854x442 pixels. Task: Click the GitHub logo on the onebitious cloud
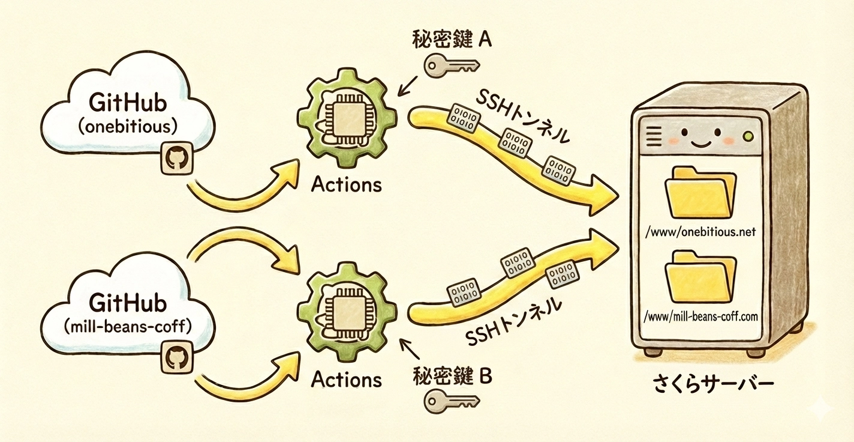pyautogui.click(x=176, y=159)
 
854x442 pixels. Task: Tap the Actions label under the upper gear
pyautogui.click(x=347, y=184)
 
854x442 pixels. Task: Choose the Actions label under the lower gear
pyautogui.click(x=347, y=380)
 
